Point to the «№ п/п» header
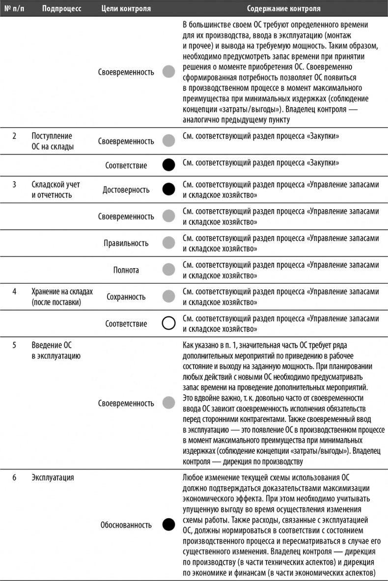(15, 8)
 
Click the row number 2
(15, 136)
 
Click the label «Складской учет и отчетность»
(55, 190)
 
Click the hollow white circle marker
(168, 324)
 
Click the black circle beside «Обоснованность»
(168, 525)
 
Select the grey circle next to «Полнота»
(168, 270)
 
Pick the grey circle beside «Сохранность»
(168, 297)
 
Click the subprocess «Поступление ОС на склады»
(53, 141)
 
